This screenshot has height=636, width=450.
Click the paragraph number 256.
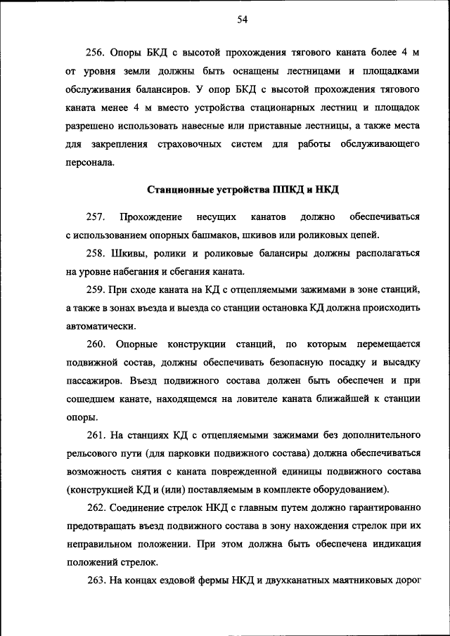(x=95, y=53)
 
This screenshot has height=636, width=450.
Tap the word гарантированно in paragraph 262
(x=385, y=508)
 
